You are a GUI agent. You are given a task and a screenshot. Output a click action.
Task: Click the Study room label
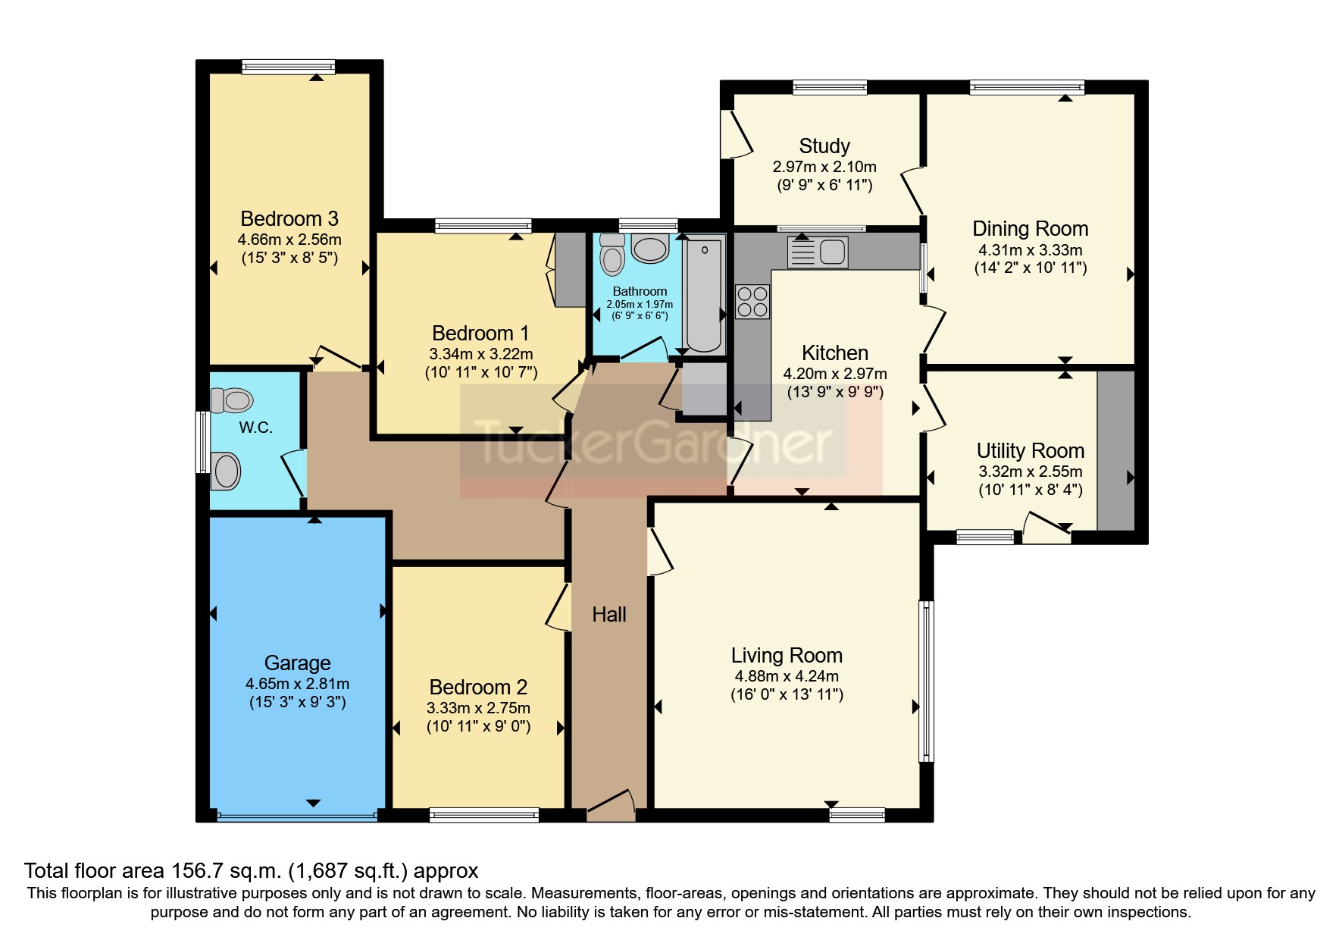tap(824, 146)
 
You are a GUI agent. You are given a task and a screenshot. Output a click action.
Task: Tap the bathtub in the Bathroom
tap(704, 293)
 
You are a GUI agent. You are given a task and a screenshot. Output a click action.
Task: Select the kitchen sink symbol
tap(818, 252)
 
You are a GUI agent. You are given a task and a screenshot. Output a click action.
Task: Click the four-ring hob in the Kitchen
tap(752, 301)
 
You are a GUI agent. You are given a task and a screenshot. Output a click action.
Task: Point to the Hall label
tap(609, 614)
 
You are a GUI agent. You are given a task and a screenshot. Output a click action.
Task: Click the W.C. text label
tap(255, 428)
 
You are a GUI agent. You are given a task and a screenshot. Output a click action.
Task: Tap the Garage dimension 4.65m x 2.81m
tap(297, 684)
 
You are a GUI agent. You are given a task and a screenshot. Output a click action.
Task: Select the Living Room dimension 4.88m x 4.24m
tap(787, 676)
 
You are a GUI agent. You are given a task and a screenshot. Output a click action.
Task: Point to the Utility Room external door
tap(1047, 527)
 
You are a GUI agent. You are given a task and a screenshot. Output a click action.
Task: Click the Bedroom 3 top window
tap(288, 67)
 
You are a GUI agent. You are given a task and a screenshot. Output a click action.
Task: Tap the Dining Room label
tap(1030, 229)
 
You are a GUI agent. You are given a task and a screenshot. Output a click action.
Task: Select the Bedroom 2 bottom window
tap(483, 816)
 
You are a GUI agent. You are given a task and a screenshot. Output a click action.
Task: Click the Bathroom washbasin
tap(650, 249)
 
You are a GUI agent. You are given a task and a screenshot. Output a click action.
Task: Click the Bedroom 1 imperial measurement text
tap(481, 372)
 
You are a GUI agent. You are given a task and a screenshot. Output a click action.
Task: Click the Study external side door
tap(737, 134)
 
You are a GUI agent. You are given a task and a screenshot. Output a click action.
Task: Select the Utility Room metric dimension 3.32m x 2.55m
tap(1030, 472)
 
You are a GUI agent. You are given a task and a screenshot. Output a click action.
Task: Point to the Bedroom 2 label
tap(478, 688)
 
